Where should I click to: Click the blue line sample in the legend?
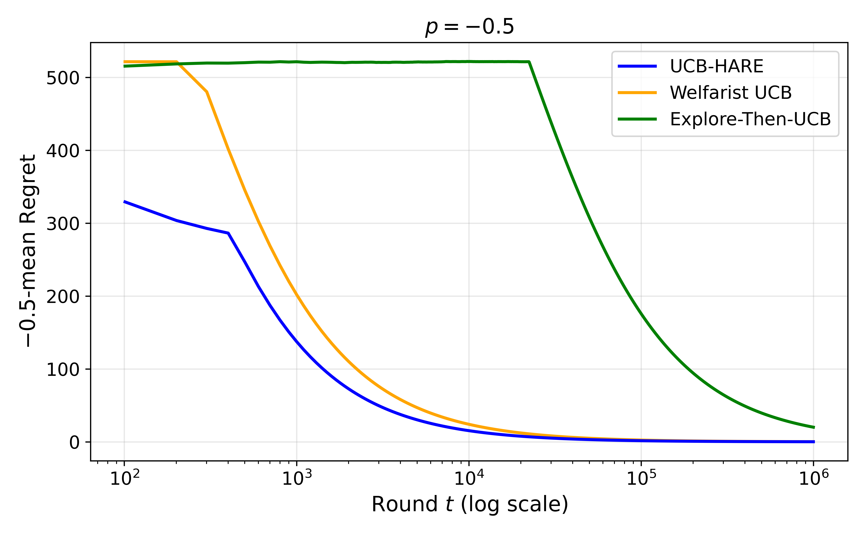637,66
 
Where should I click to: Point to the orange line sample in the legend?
637,93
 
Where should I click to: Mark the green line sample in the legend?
637,119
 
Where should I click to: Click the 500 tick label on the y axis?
63,78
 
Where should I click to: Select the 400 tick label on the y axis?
63,151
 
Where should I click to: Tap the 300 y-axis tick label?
63,224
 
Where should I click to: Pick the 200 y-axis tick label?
63,296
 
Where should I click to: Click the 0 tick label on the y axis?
74,442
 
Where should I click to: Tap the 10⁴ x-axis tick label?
469,478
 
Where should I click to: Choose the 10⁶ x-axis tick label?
814,478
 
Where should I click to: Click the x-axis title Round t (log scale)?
469,504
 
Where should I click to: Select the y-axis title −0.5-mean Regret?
28,251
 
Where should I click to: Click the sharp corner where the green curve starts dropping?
529,62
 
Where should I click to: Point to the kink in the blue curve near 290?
228,233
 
